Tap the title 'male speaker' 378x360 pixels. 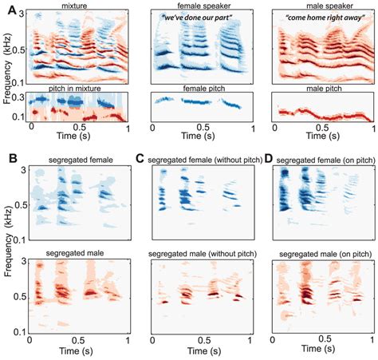coord(323,6)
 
